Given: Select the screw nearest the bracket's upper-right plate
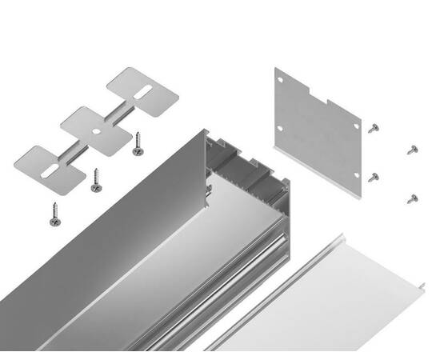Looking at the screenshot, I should tap(138, 144).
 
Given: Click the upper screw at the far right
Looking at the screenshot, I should tap(412, 149).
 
